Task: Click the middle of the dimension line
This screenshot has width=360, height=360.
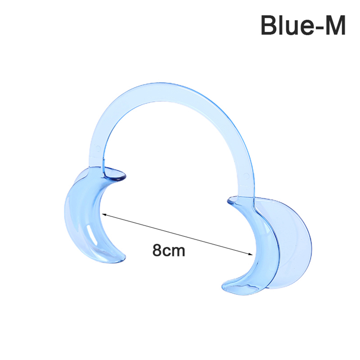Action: click(x=177, y=234)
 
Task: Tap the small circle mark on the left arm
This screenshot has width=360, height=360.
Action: click(x=98, y=148)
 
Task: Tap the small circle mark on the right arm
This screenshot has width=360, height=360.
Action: click(x=246, y=176)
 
